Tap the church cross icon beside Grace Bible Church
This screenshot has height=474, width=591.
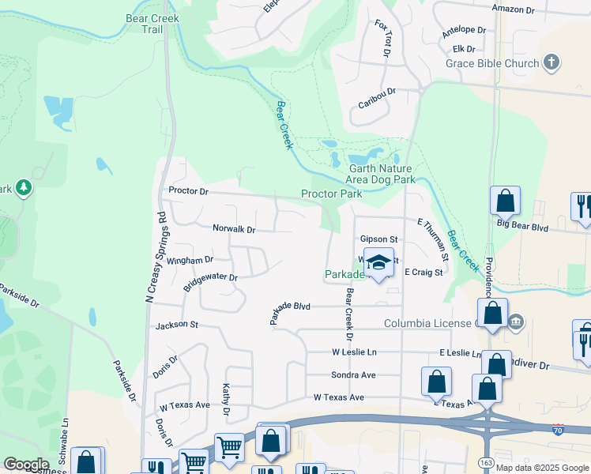[x=551, y=62]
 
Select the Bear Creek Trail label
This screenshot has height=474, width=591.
[x=152, y=24]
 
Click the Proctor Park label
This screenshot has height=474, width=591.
[x=331, y=194]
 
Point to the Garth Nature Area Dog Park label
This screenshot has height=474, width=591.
[x=382, y=174]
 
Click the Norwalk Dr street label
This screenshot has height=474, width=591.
[x=234, y=229]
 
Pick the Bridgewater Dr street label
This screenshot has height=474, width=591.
[x=210, y=282]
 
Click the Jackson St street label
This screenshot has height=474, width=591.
[x=176, y=325]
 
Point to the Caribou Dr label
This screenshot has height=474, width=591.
[x=376, y=92]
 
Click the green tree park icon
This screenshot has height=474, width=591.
[x=24, y=187]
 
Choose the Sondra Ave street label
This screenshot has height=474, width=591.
[x=353, y=374]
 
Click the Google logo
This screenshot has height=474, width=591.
[x=26, y=465]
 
